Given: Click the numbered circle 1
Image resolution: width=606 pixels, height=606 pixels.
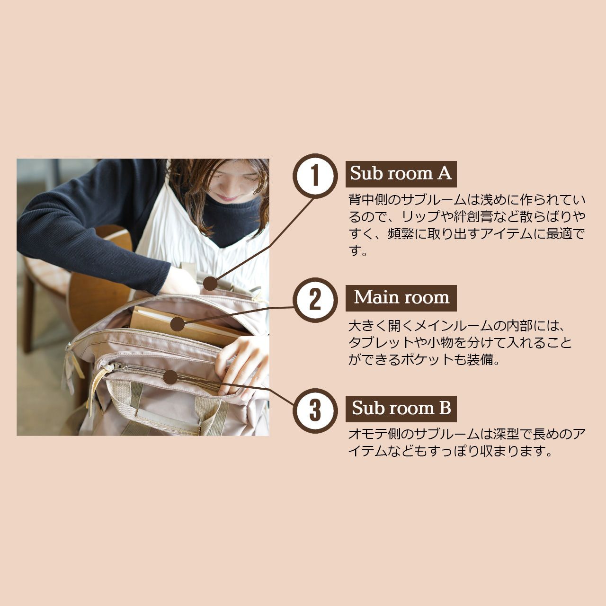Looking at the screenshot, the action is [315, 176].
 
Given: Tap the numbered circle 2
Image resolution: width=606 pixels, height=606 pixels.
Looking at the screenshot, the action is [315, 300].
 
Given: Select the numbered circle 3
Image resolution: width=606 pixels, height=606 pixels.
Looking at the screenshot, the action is [315, 411].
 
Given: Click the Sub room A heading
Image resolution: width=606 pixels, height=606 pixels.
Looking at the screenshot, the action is [401, 174].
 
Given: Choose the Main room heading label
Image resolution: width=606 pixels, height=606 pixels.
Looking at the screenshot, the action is [401, 298].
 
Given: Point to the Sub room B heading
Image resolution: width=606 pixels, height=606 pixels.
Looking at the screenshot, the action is [401, 409].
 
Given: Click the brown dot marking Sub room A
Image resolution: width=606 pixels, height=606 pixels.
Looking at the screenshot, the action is [210, 284].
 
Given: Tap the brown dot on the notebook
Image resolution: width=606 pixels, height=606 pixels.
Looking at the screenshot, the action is [177, 324].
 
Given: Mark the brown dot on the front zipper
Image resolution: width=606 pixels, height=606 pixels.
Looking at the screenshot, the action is [170, 377].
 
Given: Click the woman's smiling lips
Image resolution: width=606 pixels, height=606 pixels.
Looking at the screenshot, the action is [228, 198].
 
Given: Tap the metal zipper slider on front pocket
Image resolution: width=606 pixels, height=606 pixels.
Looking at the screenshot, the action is [117, 367].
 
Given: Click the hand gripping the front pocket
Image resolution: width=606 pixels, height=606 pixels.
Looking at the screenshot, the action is [241, 362].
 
